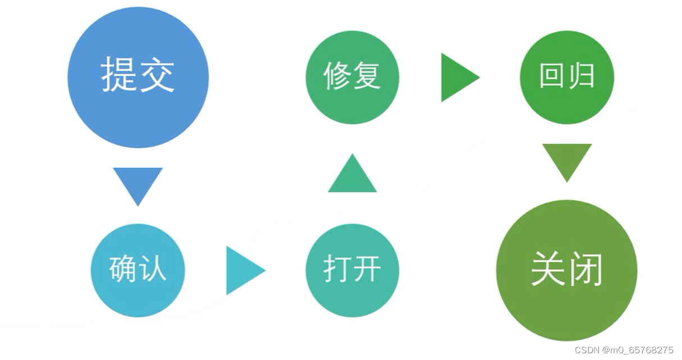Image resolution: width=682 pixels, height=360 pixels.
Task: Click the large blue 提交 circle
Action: tap(138, 78)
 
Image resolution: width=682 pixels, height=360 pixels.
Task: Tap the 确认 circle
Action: tap(138, 270)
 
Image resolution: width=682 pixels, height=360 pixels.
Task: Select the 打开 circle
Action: tap(353, 270)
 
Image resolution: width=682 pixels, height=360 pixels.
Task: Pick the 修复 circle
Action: tap(353, 78)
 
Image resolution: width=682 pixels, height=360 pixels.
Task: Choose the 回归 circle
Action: tap(567, 78)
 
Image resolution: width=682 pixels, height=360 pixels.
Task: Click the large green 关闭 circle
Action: tap(567, 270)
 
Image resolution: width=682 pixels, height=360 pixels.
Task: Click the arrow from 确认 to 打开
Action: tap(242, 270)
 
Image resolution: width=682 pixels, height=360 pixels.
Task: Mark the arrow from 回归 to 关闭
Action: tap(567, 160)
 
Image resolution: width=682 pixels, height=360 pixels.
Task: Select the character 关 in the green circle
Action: tap(547, 270)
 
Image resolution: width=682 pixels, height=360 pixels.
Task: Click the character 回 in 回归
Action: tap(551, 76)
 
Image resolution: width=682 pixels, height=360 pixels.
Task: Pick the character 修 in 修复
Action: tap(337, 76)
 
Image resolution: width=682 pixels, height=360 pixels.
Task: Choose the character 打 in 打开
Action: tap(337, 270)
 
